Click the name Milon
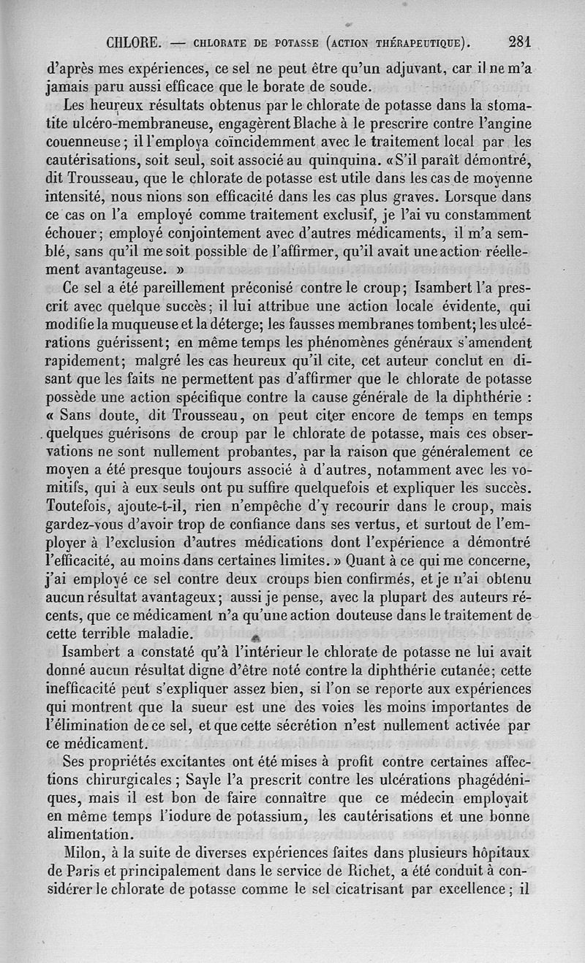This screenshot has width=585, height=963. [85, 853]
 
